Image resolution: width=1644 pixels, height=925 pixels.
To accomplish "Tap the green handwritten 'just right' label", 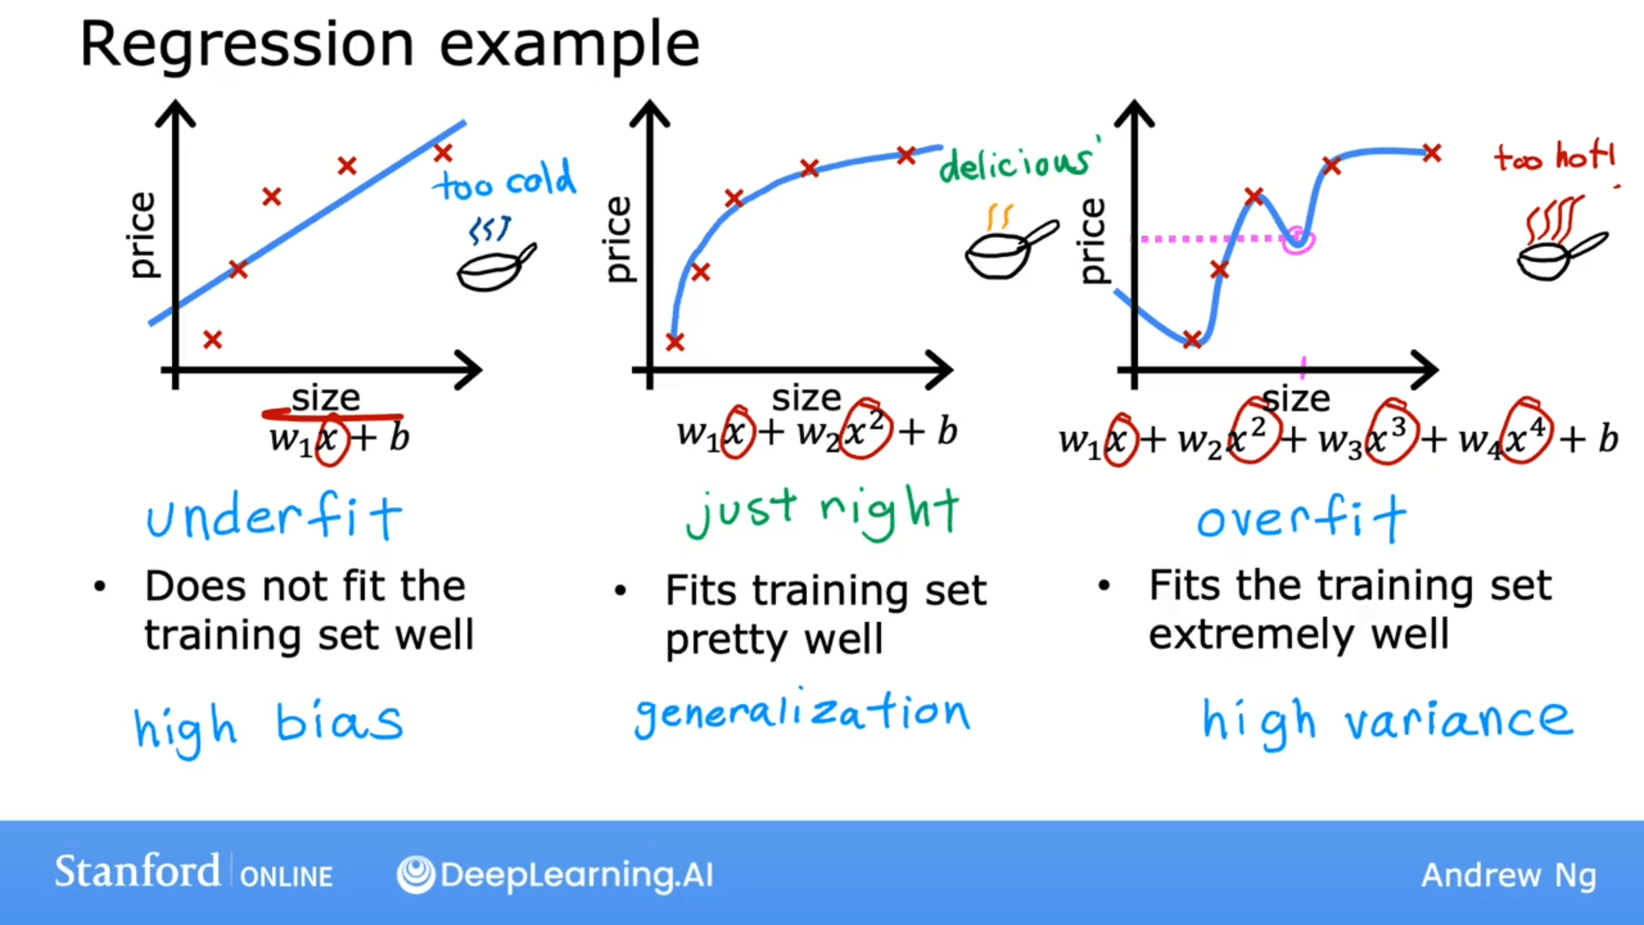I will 822,512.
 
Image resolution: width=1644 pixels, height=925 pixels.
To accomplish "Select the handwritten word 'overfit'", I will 1300,518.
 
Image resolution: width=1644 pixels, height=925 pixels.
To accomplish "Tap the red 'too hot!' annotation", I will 1554,158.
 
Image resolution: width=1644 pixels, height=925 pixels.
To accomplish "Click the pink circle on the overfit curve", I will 1298,240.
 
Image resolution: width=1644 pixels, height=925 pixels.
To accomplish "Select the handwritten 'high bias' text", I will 267,725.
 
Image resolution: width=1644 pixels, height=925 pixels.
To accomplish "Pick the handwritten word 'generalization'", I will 801,713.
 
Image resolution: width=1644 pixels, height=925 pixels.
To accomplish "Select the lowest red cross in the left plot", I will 212,340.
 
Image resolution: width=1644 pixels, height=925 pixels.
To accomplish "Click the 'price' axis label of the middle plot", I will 618,240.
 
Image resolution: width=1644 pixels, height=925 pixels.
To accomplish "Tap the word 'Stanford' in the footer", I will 137,872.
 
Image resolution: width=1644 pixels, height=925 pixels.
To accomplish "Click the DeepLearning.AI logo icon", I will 416,874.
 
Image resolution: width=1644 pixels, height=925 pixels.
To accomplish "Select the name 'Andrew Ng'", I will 1509,875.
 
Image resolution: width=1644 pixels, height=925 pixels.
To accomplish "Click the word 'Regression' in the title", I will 247,45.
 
